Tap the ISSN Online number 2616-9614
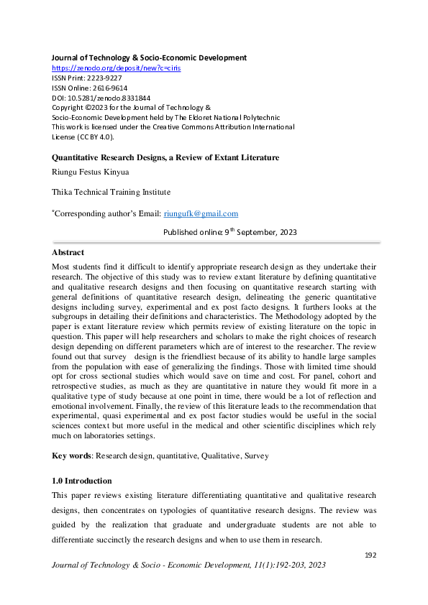coord(107,87)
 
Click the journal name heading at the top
coord(149,57)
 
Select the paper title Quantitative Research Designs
coord(165,157)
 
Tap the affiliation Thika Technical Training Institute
coord(110,192)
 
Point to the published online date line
coord(229,232)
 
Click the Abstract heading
coord(68,253)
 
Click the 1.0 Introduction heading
coord(81,481)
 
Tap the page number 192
coord(371,555)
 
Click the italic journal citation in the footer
coord(188,565)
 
